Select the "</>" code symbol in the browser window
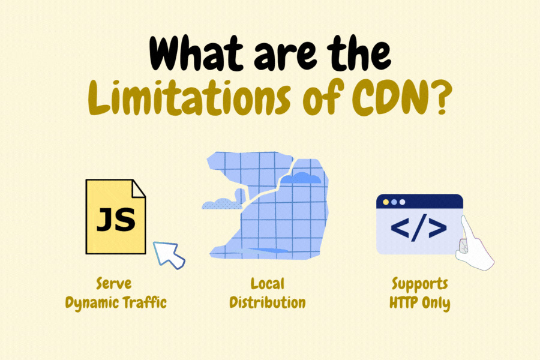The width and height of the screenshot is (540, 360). point(419,229)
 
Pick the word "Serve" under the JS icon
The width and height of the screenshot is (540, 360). point(113,283)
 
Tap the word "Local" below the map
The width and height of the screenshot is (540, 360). point(268,283)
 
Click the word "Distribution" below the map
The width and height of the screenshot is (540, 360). point(268,302)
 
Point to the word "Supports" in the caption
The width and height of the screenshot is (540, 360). point(420,283)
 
